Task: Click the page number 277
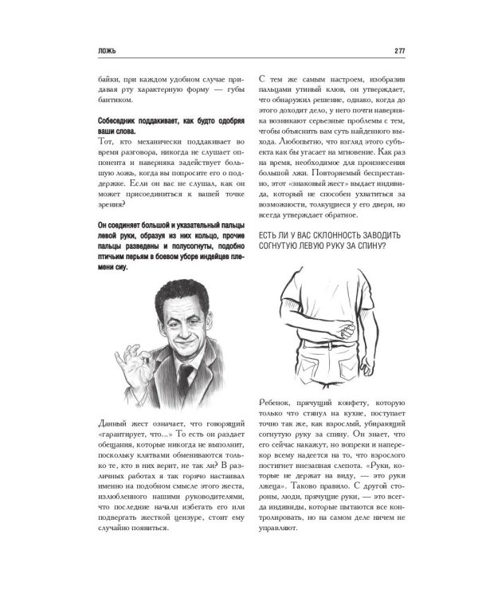[378, 53]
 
